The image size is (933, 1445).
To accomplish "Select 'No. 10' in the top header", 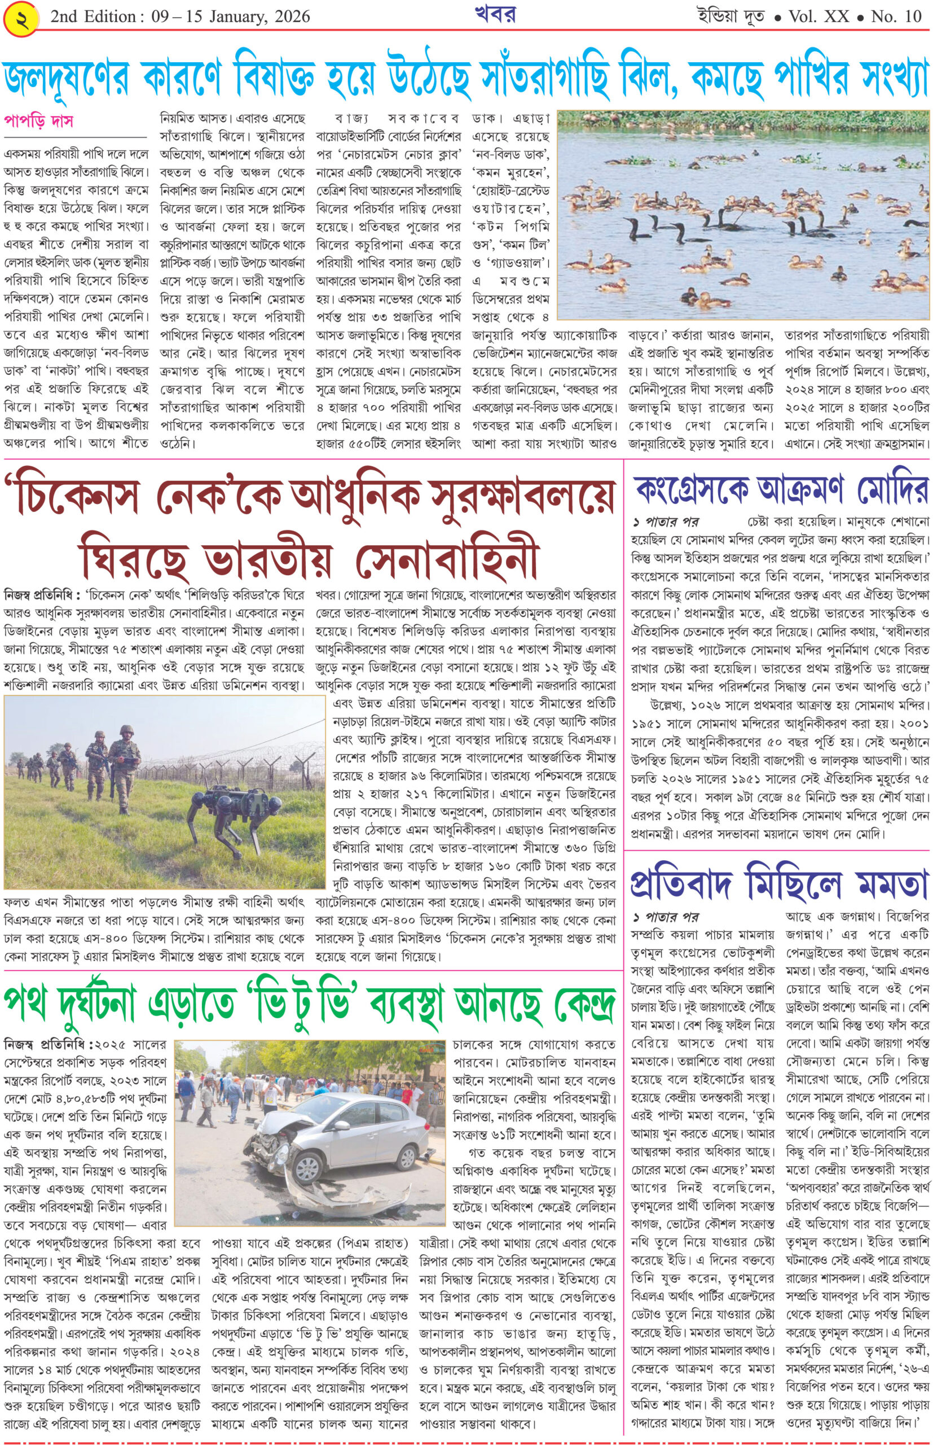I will pos(895,17).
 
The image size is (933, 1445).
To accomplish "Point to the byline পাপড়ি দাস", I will pos(38,121).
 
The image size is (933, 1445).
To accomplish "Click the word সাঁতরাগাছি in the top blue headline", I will pos(569,80).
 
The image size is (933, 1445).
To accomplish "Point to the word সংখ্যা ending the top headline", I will pos(882,80).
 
